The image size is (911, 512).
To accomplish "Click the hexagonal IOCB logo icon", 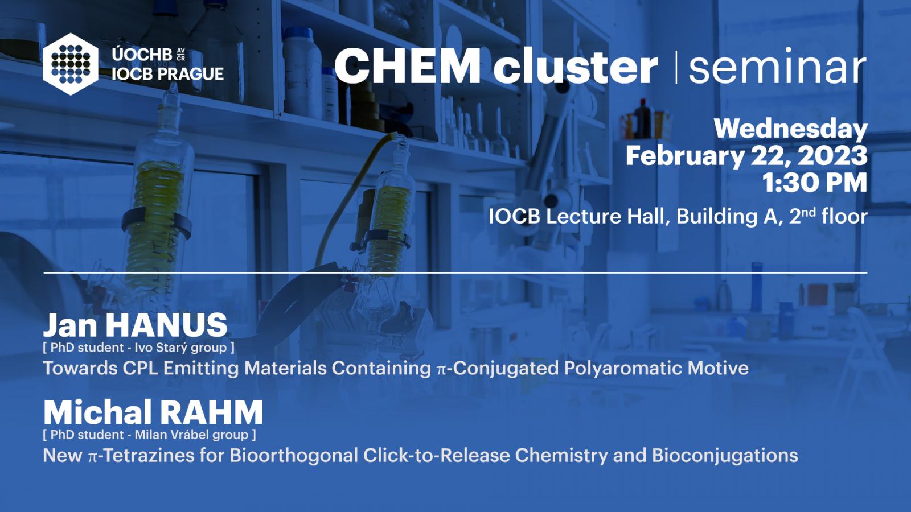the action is pyautogui.click(x=71, y=64).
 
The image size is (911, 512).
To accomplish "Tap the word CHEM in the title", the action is pyautogui.click(x=408, y=66).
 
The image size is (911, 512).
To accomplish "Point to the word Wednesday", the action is pyautogui.click(x=791, y=130).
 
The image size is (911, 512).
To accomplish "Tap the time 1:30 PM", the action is pyautogui.click(x=815, y=183).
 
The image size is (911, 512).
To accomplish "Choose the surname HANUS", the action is pyautogui.click(x=166, y=325).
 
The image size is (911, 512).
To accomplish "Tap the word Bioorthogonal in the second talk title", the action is pyautogui.click(x=294, y=456).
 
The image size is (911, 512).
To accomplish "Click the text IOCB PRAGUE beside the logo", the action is pyautogui.click(x=167, y=74).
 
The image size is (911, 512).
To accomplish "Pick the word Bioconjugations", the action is pyautogui.click(x=725, y=456).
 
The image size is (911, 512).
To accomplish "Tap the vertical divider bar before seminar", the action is pyautogui.click(x=676, y=67).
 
